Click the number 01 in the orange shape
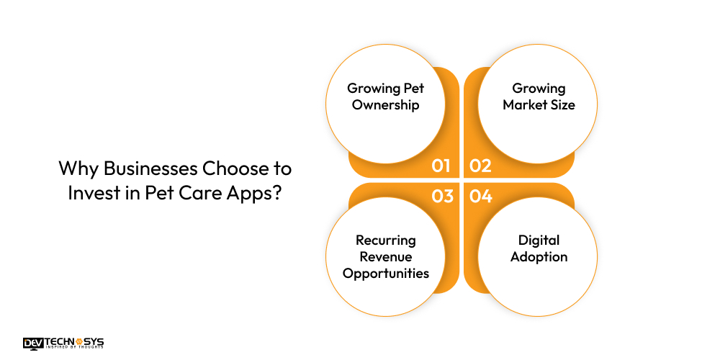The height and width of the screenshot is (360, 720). [x=441, y=166]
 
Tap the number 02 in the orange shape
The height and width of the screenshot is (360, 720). [x=480, y=166]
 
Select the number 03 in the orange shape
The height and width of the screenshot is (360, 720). [x=442, y=195]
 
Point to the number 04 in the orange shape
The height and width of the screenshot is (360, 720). [x=480, y=195]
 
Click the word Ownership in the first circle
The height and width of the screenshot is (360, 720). [x=385, y=104]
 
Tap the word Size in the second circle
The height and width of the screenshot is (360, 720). [x=563, y=104]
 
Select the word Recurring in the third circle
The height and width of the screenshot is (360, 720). [x=385, y=240]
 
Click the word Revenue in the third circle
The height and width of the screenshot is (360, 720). [x=385, y=256]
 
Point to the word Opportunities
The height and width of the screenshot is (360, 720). [x=385, y=273]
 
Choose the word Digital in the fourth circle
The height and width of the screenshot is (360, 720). [x=539, y=240]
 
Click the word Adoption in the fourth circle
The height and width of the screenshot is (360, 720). [x=539, y=256]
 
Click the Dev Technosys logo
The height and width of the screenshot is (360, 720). [x=63, y=343]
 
